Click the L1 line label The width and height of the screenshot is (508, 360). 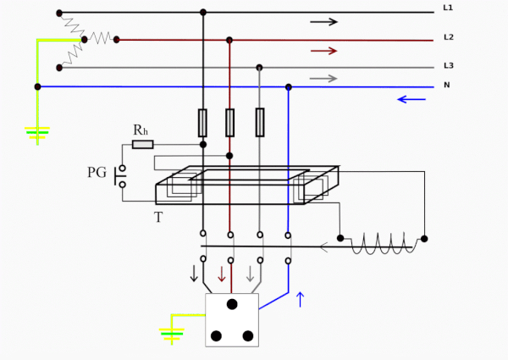(448, 8)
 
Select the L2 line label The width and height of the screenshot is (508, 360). (449, 37)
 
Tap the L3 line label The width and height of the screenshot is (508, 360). (449, 66)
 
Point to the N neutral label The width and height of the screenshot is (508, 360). (447, 85)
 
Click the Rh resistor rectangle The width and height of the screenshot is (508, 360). (143, 145)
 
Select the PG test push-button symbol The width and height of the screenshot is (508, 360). (120, 176)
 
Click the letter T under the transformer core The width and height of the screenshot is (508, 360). (158, 217)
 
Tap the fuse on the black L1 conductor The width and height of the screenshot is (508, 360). (203, 123)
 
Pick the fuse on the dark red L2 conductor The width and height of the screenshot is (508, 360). (229, 123)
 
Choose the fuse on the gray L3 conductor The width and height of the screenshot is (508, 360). (260, 123)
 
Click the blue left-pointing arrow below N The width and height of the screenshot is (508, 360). (411, 99)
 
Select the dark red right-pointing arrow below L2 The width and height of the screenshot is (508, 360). (323, 51)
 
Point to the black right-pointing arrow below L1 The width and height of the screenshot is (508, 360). (323, 22)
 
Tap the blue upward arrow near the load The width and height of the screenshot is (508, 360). (301, 299)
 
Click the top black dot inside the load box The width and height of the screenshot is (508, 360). (232, 304)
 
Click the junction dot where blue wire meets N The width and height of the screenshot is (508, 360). (289, 87)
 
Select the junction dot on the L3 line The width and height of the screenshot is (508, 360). (259, 68)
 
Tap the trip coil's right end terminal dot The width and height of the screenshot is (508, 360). (424, 239)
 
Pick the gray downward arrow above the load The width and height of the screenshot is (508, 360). (250, 274)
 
